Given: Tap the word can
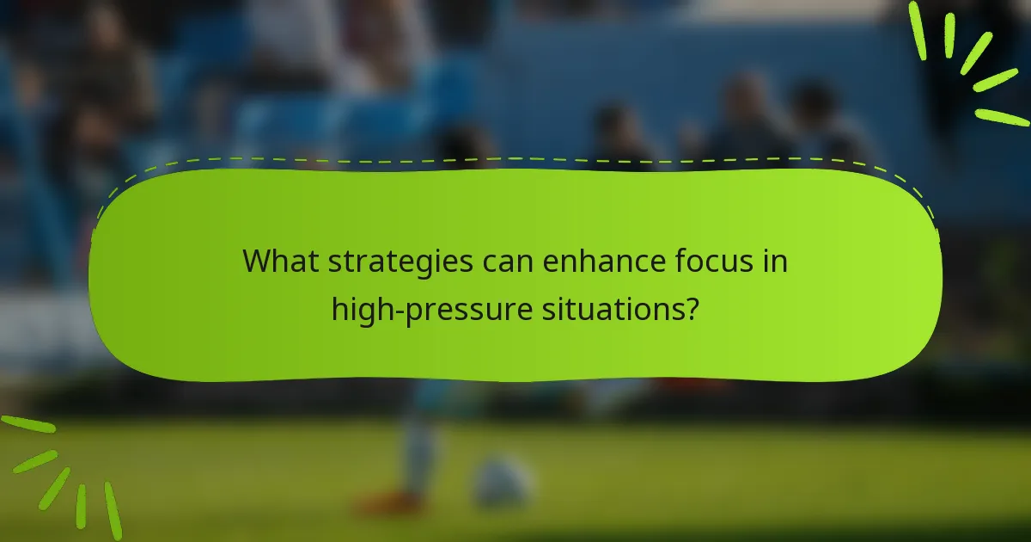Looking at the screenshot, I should (509, 262).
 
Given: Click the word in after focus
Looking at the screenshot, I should (777, 261).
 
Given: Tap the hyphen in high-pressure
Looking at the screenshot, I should (392, 307).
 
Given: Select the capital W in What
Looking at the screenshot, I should (257, 261).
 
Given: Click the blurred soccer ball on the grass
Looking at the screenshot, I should (503, 482).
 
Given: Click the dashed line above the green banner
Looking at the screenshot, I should (515, 159).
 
